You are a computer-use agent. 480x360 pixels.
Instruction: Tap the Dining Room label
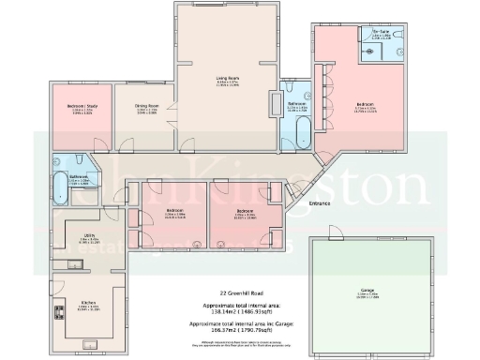tap(143, 109)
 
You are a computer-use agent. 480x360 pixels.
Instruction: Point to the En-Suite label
tap(380, 31)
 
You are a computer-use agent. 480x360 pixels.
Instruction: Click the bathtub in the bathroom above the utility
tap(57, 187)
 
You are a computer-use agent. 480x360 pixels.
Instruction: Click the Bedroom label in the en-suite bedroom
tap(365, 103)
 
